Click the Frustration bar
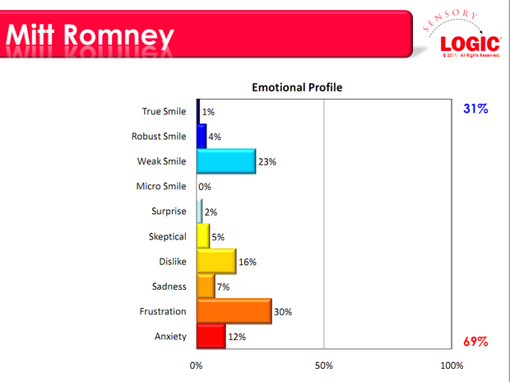click(234, 311)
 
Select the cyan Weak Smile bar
click(226, 161)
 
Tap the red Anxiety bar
click(211, 336)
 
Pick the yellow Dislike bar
click(216, 261)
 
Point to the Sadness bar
click(205, 286)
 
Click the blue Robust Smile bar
click(202, 136)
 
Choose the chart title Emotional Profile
click(297, 87)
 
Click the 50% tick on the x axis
click(323, 365)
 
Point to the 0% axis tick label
click(196, 365)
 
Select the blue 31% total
click(475, 109)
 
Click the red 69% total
click(475, 341)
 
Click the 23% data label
click(267, 162)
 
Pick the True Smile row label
click(165, 111)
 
